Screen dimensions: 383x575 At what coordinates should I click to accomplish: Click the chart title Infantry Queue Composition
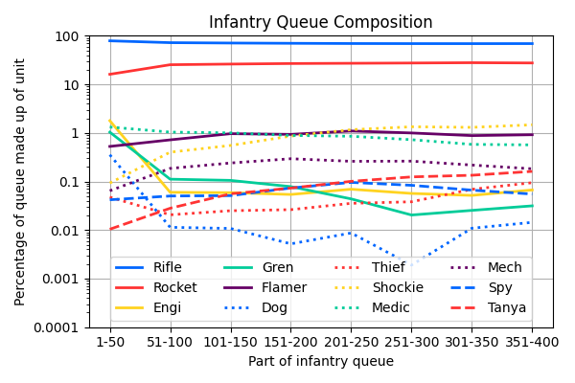click(321, 22)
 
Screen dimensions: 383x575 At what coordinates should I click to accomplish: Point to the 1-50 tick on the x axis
click(109, 342)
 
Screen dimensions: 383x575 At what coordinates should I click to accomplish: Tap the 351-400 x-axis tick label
click(532, 342)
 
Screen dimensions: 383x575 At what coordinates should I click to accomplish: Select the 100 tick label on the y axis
click(66, 36)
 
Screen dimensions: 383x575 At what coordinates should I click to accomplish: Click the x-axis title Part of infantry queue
click(321, 362)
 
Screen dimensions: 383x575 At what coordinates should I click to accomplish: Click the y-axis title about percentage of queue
click(20, 182)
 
